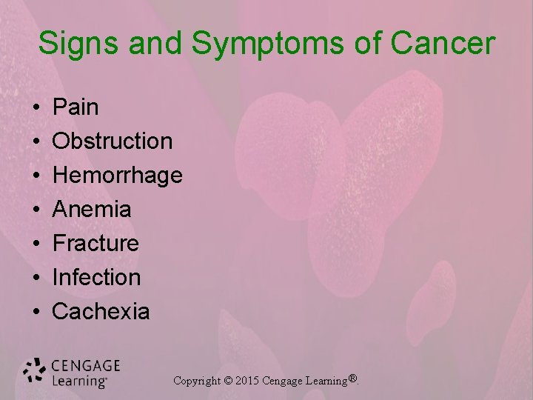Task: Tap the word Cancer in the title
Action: pos(441,44)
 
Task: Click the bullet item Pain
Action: pos(76,107)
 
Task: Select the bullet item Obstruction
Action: pos(113,141)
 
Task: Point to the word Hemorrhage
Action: pos(117,176)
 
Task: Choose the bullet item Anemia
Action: pos(92,210)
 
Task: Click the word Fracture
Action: pos(95,243)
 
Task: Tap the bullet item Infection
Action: pos(96,277)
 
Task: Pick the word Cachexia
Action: pos(101,311)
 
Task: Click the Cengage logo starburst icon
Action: pos(35,372)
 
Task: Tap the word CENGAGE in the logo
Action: pos(85,366)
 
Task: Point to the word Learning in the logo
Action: pos(78,381)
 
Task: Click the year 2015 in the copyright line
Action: pos(248,381)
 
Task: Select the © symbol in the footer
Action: pos(228,381)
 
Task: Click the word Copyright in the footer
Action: pos(198,381)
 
